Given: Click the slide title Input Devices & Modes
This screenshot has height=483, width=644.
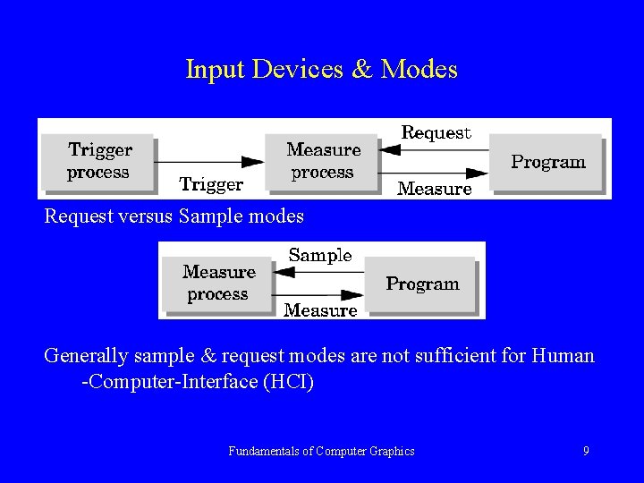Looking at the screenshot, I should click(321, 69).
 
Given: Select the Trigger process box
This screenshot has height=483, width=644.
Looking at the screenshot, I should click(99, 161).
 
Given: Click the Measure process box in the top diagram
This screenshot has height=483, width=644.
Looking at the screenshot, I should click(323, 161).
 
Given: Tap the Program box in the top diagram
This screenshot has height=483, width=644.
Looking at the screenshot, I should click(547, 162).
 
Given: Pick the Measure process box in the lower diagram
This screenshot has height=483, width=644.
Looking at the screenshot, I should click(218, 283).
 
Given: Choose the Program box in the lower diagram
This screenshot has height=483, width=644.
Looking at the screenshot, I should click(422, 284).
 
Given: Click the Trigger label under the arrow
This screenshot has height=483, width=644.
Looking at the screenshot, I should click(211, 185).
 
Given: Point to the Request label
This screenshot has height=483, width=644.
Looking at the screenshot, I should click(436, 132).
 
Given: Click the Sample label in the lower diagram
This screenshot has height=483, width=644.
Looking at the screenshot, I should click(320, 255).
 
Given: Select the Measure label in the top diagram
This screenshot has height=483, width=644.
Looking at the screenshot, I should click(434, 189).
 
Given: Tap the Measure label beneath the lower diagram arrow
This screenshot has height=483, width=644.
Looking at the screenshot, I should click(320, 310).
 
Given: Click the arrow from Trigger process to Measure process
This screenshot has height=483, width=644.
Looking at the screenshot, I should click(210, 162).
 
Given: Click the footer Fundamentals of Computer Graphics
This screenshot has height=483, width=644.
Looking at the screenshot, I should click(321, 451).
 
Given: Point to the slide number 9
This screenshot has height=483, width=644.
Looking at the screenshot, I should click(586, 451).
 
